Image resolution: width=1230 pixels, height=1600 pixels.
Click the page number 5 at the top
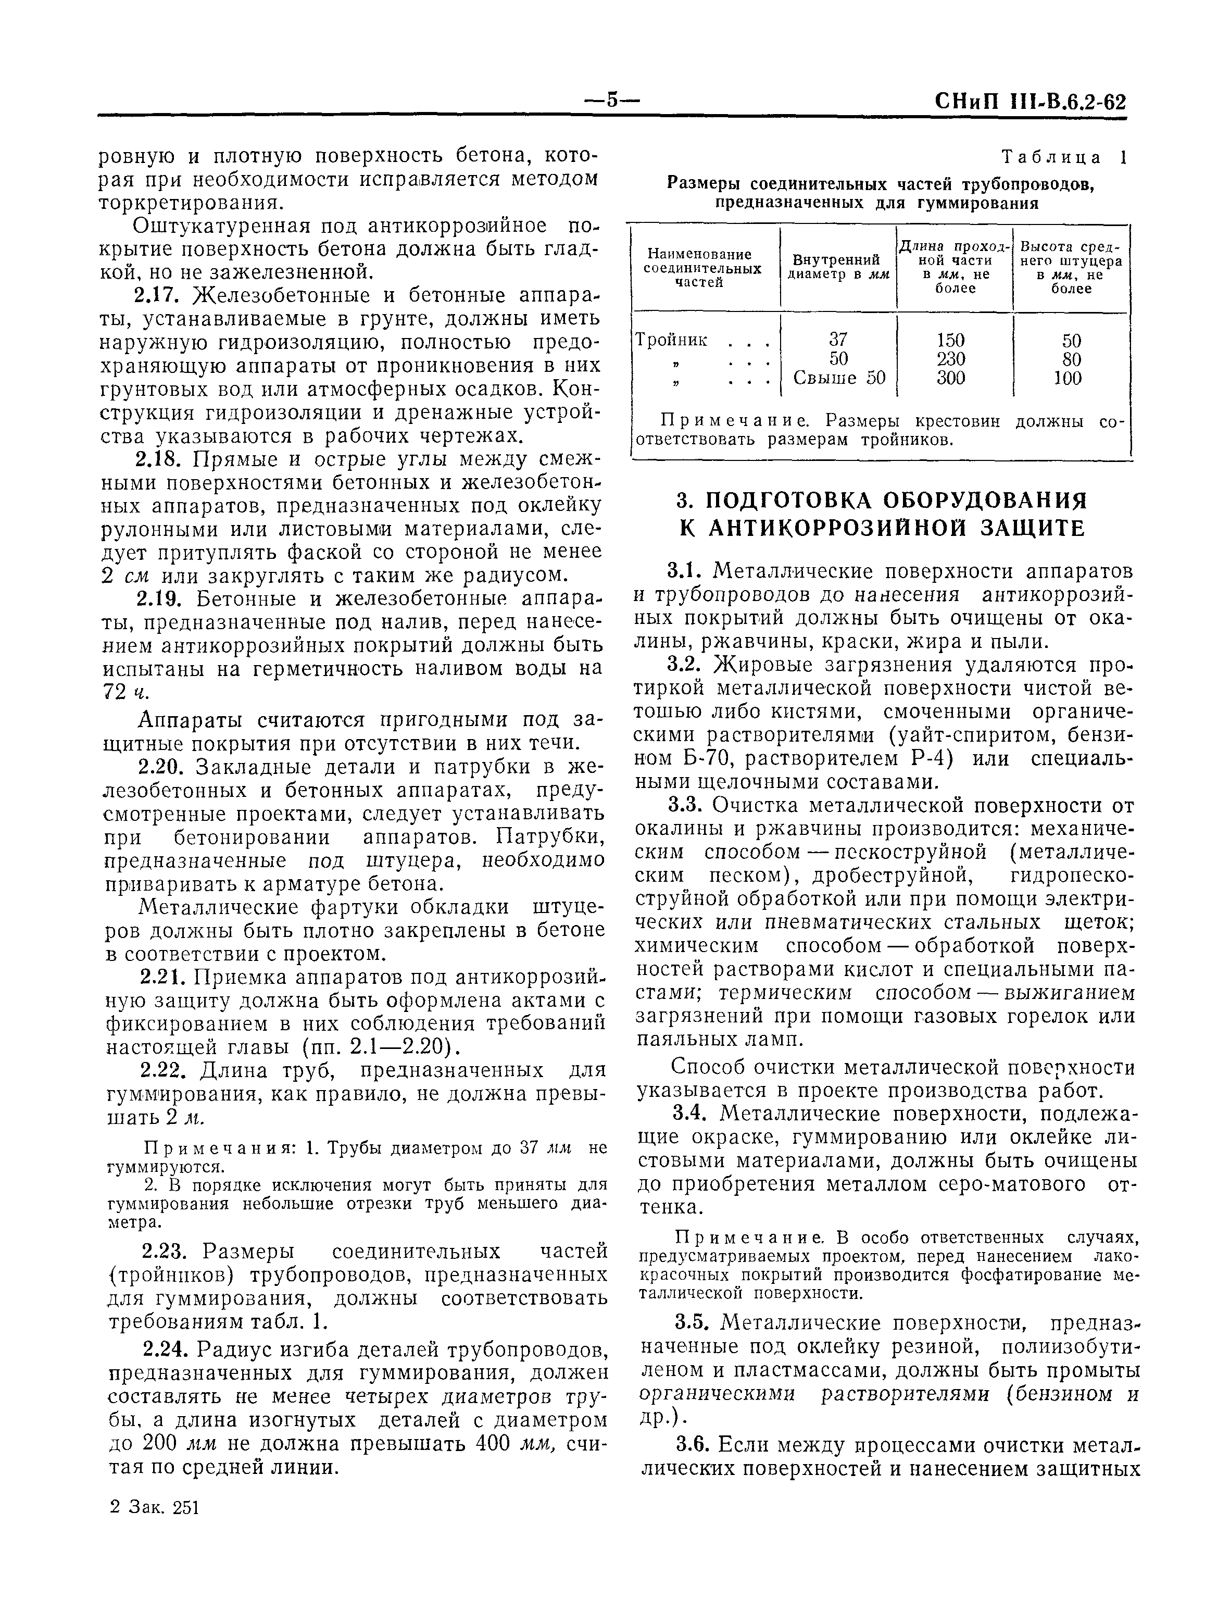613,101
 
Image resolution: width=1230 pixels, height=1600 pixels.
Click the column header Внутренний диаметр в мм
837,267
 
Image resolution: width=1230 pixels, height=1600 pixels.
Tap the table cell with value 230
951,359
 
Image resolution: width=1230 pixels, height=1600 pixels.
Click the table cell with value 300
951,378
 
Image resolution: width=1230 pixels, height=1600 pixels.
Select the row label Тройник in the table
671,340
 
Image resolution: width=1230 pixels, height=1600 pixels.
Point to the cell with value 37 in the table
837,340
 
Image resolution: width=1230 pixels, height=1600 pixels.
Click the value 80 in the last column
1071,359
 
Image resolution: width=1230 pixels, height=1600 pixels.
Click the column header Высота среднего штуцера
1071,267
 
